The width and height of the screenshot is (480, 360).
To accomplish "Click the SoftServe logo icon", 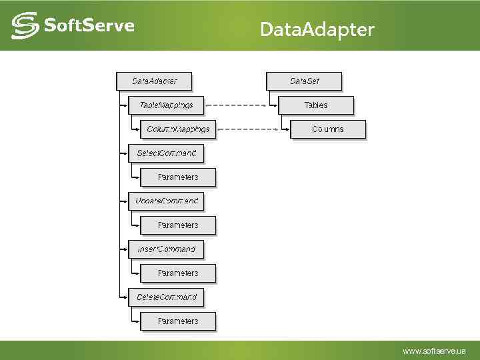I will [x=25, y=25].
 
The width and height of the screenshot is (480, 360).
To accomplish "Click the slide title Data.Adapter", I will [x=317, y=29].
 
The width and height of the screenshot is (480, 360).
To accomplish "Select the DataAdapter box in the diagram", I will [x=154, y=81].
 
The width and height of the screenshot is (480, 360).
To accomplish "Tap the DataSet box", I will [x=304, y=81].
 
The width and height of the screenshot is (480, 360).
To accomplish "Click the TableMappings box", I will [x=166, y=105].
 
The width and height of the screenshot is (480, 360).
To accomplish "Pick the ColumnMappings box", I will [x=178, y=129].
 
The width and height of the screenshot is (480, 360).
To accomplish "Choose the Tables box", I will [x=316, y=105].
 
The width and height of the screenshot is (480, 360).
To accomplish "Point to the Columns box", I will [x=328, y=129].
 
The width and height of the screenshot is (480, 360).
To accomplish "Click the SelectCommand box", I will [x=166, y=153].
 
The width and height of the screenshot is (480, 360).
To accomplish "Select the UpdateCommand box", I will [x=166, y=201].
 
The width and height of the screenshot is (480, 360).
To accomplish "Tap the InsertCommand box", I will [x=166, y=249].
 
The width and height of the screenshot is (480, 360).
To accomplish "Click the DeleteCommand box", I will [x=166, y=296].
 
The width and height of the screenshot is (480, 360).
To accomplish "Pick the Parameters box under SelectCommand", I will [x=178, y=177].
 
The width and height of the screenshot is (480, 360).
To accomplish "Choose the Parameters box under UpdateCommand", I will [x=178, y=225].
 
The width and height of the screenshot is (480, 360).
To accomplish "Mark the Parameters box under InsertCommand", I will [x=178, y=273].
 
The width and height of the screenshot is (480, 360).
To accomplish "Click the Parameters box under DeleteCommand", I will [x=178, y=321].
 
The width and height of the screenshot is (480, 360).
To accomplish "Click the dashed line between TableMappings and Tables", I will [x=241, y=105].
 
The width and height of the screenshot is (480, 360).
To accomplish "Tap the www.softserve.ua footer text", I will [x=435, y=351].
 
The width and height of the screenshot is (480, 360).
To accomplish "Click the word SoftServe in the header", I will [x=89, y=25].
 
